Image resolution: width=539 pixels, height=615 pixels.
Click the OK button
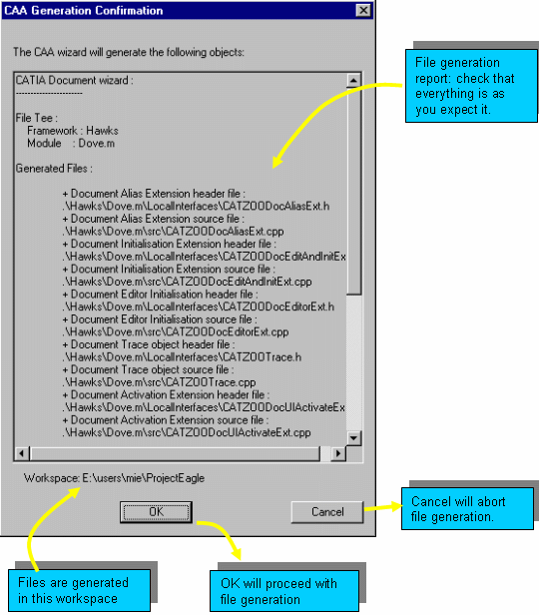[x=156, y=512]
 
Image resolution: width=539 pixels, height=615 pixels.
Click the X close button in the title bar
[x=363, y=10]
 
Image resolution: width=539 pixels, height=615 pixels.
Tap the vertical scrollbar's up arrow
[x=353, y=81]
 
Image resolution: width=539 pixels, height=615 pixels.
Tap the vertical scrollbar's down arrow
[x=353, y=437]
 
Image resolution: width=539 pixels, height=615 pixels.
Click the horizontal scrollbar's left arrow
[x=22, y=454]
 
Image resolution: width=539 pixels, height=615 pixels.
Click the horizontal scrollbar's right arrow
[x=338, y=454]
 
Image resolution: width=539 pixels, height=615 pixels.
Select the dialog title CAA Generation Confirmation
[x=84, y=11]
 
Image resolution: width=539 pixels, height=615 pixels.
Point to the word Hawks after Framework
[x=102, y=131]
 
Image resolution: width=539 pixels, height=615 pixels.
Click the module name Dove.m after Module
[x=97, y=143]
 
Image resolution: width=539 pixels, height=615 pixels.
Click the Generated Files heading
[x=54, y=169]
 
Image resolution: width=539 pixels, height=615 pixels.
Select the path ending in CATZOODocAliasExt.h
[x=196, y=207]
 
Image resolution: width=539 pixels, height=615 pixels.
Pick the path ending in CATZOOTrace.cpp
[x=159, y=382]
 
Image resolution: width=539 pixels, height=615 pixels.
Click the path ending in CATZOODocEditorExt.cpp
[x=176, y=332]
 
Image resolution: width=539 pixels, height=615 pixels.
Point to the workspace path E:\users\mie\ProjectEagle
[x=144, y=478]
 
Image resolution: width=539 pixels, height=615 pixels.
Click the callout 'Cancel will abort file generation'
[x=468, y=509]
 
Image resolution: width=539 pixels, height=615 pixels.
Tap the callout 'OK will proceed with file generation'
[x=284, y=591]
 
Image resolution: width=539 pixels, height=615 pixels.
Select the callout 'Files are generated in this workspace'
[x=79, y=590]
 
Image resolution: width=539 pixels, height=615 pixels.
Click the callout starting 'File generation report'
[x=471, y=86]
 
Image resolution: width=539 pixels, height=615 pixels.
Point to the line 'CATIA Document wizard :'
[x=75, y=81]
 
